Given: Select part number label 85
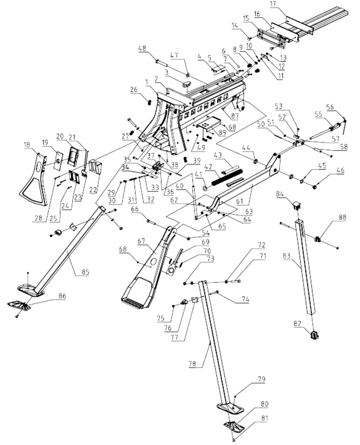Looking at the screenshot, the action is pos(85,272).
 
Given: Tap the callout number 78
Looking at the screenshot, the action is pos(193,364).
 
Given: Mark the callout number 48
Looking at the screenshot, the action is pos(142,48).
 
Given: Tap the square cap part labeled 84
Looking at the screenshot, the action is pos(297,205).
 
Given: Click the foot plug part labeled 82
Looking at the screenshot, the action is pos(314,335).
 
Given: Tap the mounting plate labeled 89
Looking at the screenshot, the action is pos(209,125).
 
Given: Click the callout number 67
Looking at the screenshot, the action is pos(141,241).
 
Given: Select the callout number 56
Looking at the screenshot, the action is pos(330,107).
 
